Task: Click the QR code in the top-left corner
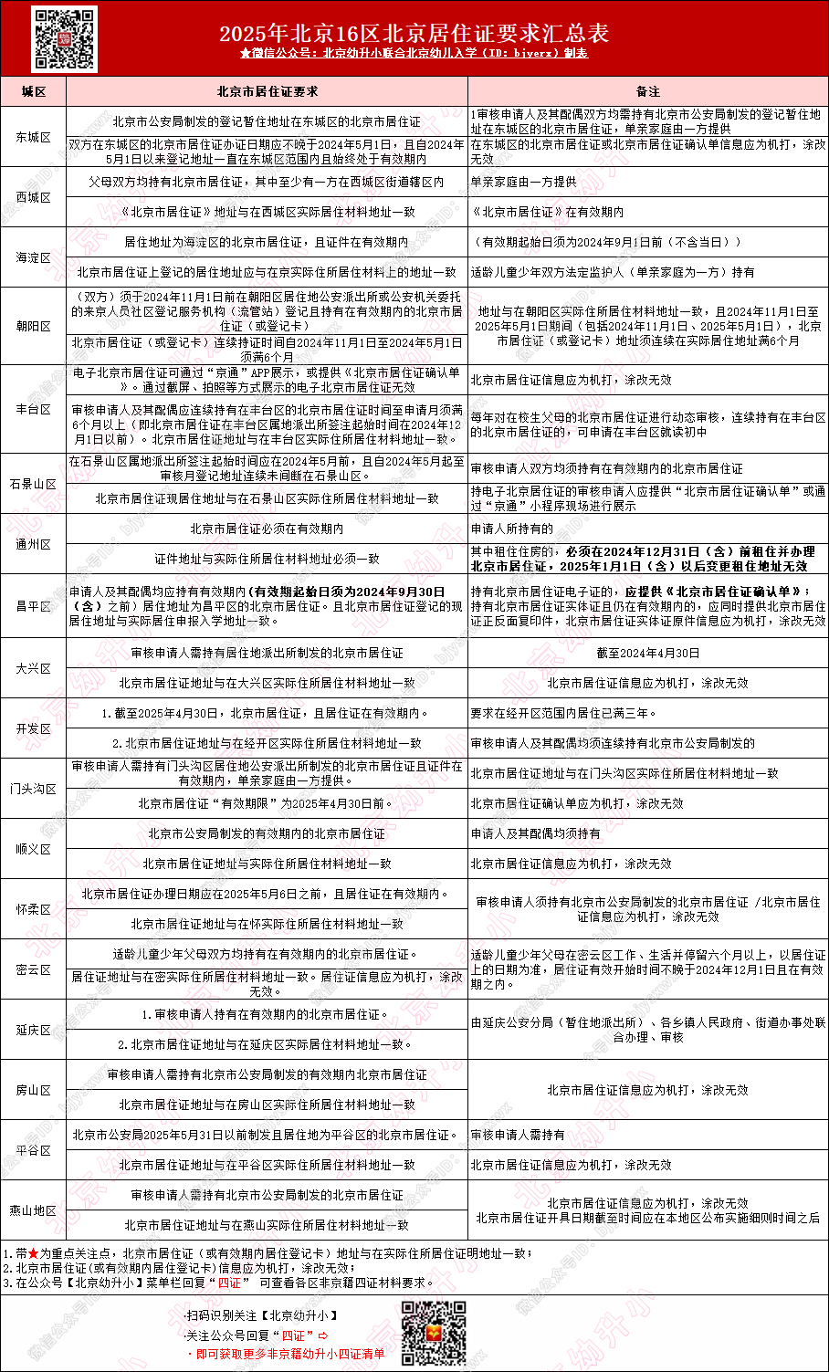(64, 38)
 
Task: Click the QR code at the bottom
(434, 1332)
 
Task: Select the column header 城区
(34, 92)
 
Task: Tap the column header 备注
(648, 92)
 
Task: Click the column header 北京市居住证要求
(267, 92)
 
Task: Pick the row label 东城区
(34, 137)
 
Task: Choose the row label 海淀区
(34, 257)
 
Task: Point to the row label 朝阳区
(34, 326)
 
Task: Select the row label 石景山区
(34, 484)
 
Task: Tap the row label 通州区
(34, 544)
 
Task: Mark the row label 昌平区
(34, 606)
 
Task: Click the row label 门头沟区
(34, 789)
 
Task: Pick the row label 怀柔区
(34, 909)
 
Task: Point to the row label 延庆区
(34, 1030)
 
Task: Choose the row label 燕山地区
(34, 1210)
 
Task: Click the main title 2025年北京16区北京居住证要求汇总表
(414, 34)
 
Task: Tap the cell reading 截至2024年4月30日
(648, 653)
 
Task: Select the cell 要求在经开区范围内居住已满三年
(563, 713)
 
